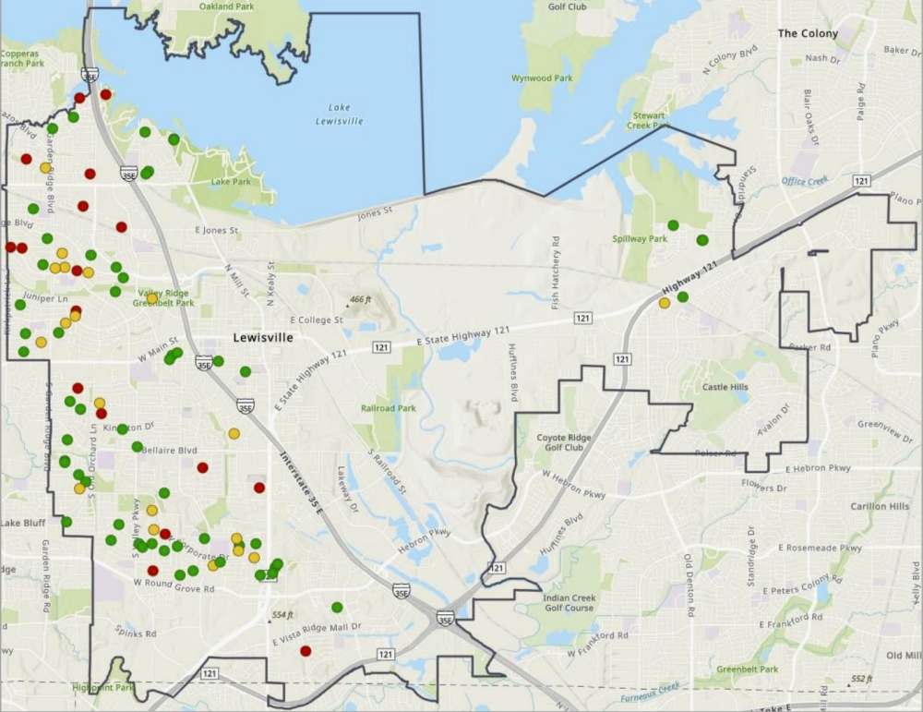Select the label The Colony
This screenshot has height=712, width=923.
click(x=808, y=33)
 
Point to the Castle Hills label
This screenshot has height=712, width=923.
click(x=725, y=387)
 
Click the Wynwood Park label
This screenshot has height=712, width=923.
click(x=543, y=78)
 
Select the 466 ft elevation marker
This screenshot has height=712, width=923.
click(x=357, y=300)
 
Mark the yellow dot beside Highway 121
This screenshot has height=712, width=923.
click(x=665, y=303)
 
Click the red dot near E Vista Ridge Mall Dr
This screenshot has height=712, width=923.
click(x=306, y=650)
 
